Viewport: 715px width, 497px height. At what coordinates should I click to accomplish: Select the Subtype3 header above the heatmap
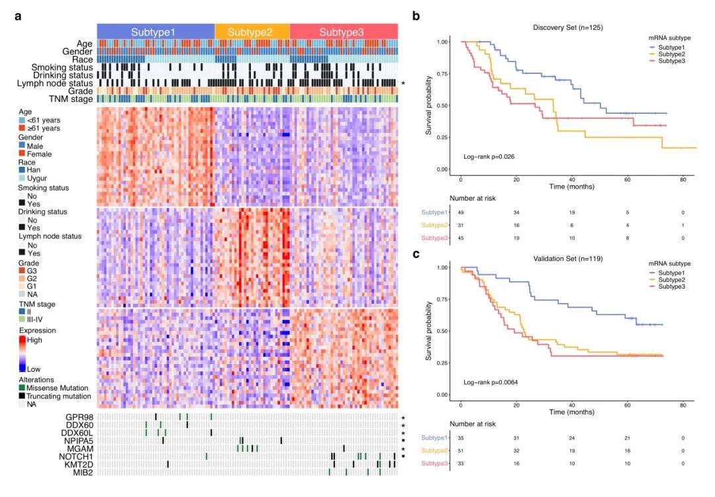pyautogui.click(x=344, y=32)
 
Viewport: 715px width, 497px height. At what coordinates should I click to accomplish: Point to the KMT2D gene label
pyautogui.click(x=77, y=464)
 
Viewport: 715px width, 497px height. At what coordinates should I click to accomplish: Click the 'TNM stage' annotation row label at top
pyautogui.click(x=66, y=99)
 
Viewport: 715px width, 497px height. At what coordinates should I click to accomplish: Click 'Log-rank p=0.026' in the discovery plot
pyautogui.click(x=489, y=157)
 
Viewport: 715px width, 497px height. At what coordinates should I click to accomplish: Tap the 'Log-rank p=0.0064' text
pyautogui.click(x=491, y=383)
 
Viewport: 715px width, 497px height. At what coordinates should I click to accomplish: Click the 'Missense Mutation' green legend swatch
pyautogui.click(x=22, y=387)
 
